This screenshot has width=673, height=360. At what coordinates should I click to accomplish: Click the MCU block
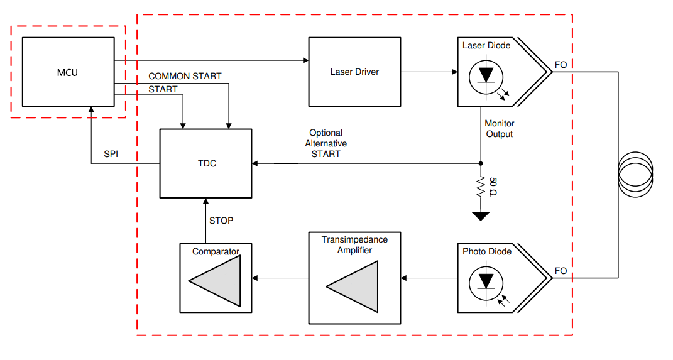tap(67, 72)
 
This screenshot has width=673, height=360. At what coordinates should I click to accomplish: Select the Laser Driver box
tap(354, 72)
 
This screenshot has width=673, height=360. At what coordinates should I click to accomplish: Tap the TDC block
tap(206, 163)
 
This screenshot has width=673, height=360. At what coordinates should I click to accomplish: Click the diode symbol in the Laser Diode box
tap(486, 75)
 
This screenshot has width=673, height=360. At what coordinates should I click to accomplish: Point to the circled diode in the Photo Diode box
tap(486, 281)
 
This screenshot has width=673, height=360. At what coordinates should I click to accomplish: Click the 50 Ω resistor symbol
tap(481, 187)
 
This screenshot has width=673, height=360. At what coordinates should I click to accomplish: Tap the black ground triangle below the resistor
tap(481, 216)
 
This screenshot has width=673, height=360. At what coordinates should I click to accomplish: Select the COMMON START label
tap(185, 76)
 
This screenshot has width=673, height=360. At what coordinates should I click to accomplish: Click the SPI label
tap(111, 154)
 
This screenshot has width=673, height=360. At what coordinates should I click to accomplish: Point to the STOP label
tap(221, 221)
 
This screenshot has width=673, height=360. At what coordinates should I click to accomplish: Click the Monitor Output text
tap(499, 129)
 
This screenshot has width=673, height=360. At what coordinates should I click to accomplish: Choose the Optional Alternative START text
tap(326, 143)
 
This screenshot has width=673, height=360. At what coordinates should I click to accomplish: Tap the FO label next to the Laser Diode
tap(561, 65)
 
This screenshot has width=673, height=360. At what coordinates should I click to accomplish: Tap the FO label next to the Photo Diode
tap(561, 271)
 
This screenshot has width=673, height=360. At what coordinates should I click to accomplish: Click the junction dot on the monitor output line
tap(481, 163)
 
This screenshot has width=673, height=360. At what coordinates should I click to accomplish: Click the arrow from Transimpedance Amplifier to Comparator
tap(280, 278)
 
